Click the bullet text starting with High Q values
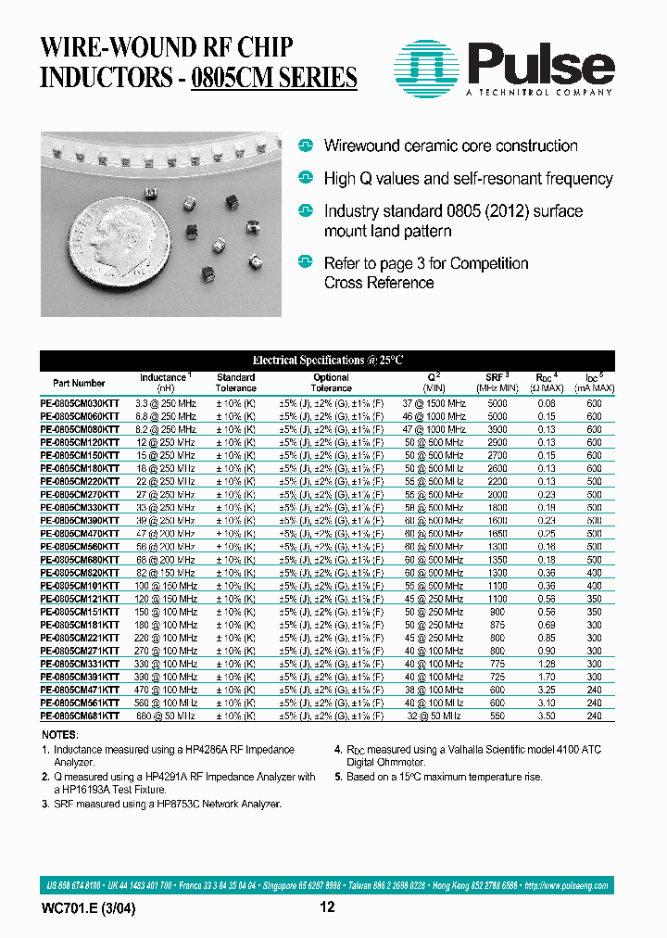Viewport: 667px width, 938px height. [468, 178]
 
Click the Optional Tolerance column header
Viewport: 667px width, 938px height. [331, 383]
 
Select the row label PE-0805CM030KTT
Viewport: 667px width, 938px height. [80, 404]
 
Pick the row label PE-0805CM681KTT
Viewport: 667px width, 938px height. [80, 716]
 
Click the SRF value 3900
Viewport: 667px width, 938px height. [497, 430]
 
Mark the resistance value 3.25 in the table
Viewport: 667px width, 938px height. [546, 691]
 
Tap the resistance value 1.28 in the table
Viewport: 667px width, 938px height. [546, 665]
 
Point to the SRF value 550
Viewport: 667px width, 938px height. [497, 716]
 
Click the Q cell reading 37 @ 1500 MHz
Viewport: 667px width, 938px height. [434, 404]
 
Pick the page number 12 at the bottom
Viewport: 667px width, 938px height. [327, 908]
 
